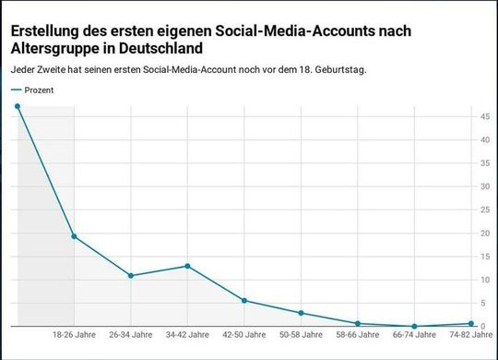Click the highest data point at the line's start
tap(18, 106)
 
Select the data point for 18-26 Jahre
tap(75, 236)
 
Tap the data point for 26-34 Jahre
tap(131, 276)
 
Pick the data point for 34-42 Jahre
tap(188, 266)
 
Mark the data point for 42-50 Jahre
tap(244, 300)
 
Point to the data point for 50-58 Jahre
tap(302, 313)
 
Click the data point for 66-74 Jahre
tap(415, 326)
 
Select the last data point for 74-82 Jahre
tap(471, 324)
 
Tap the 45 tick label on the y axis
tap(485, 116)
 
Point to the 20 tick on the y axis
tap(485, 233)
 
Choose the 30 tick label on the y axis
tap(485, 186)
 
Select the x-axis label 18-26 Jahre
tap(75, 335)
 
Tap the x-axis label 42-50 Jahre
tap(244, 335)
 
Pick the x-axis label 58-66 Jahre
tap(358, 335)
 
